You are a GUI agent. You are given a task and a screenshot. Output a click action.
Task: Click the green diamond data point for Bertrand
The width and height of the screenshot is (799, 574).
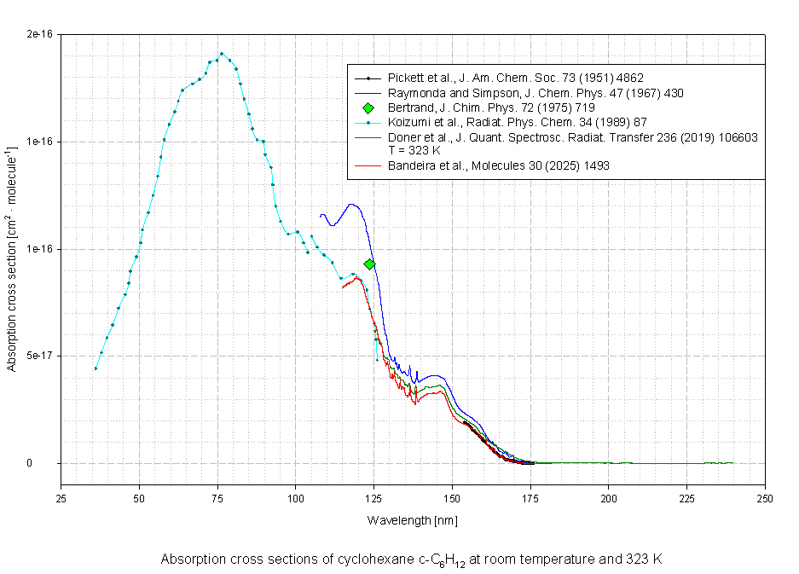coord(369,264)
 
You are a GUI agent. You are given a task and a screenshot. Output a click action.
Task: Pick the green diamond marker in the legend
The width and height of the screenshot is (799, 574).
coord(368,107)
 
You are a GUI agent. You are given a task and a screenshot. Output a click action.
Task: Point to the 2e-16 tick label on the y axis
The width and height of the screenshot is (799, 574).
coord(40,34)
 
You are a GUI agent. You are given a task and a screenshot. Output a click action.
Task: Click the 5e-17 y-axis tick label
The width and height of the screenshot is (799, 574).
coord(40,356)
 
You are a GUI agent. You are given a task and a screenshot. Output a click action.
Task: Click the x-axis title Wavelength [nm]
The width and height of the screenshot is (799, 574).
coord(413,519)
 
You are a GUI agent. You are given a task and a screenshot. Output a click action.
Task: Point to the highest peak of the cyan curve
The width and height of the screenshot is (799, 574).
coord(222,54)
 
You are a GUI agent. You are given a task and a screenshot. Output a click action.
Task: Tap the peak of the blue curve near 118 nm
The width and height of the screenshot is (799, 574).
coord(351,204)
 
